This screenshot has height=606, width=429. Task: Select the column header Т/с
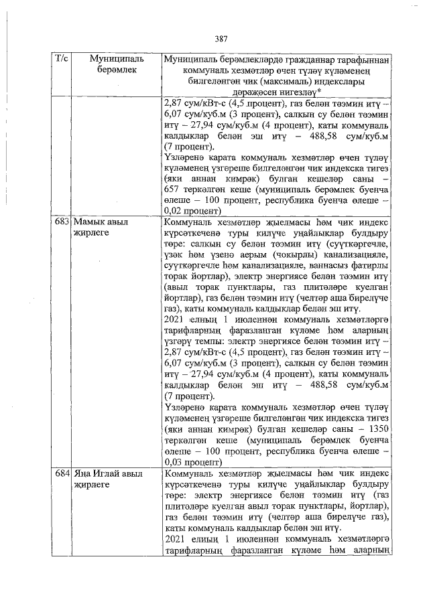[60, 60]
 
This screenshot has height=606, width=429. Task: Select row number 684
[62, 474]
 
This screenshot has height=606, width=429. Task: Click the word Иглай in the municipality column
[106, 474]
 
